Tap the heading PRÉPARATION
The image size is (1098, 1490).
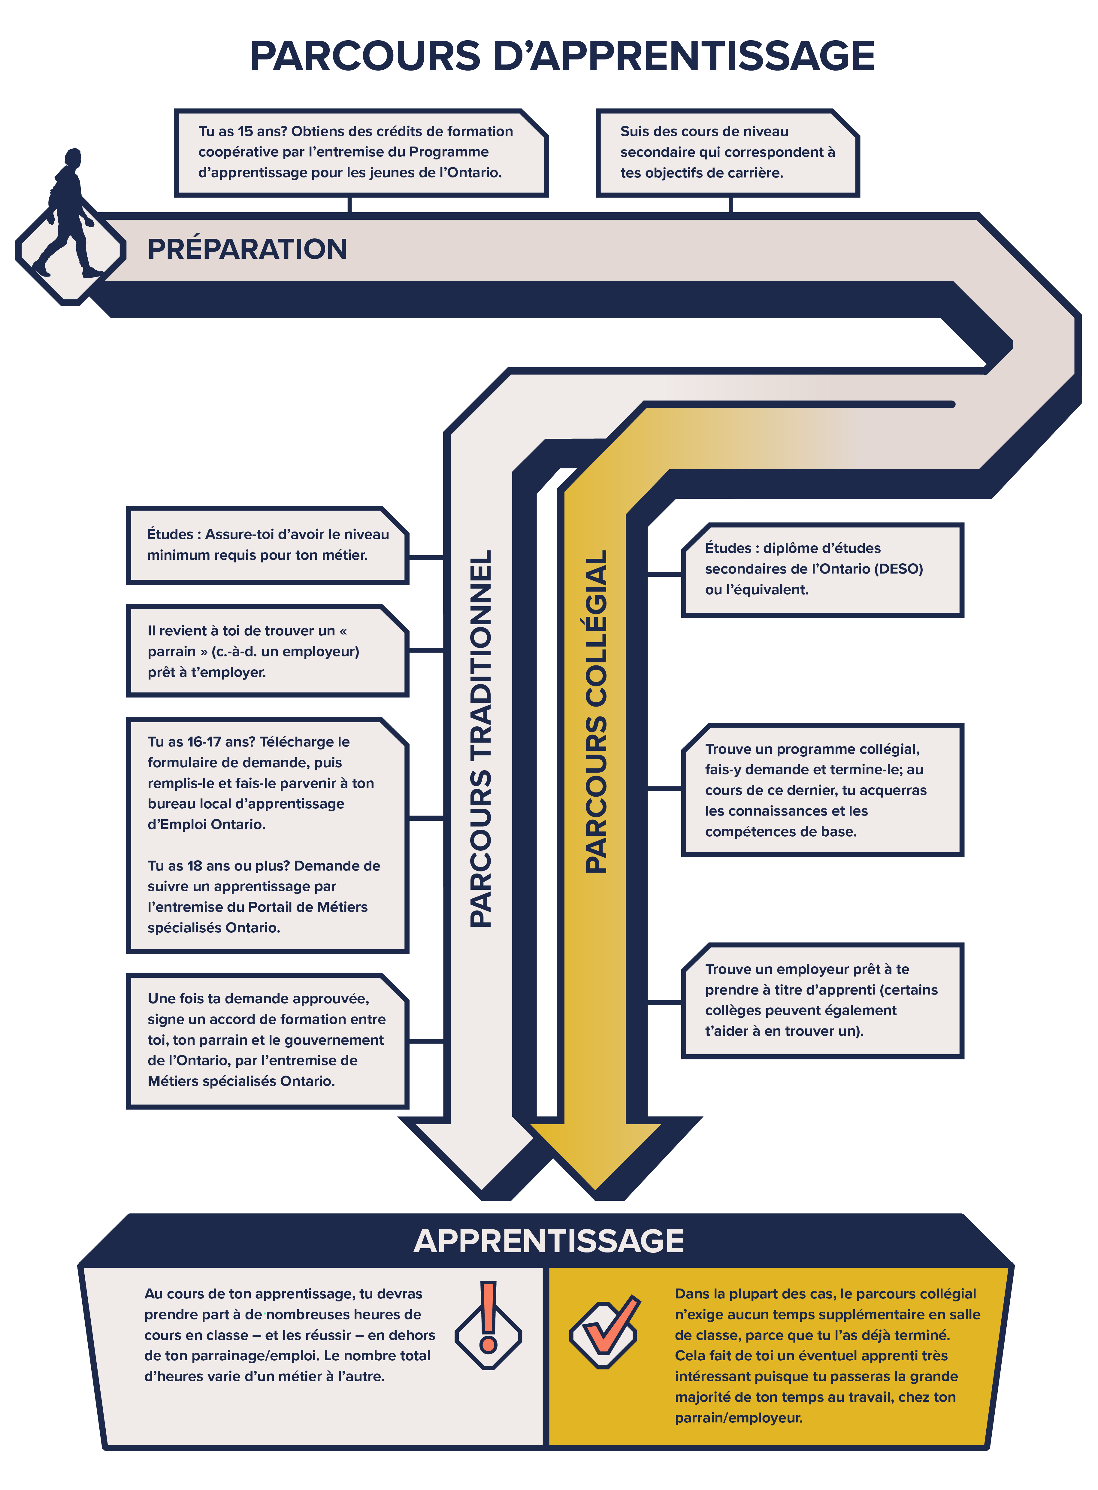point(247,249)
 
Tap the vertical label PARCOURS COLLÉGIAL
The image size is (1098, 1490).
point(596,711)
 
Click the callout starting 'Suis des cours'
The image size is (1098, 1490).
point(728,153)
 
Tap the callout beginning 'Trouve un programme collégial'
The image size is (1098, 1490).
point(823,789)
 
